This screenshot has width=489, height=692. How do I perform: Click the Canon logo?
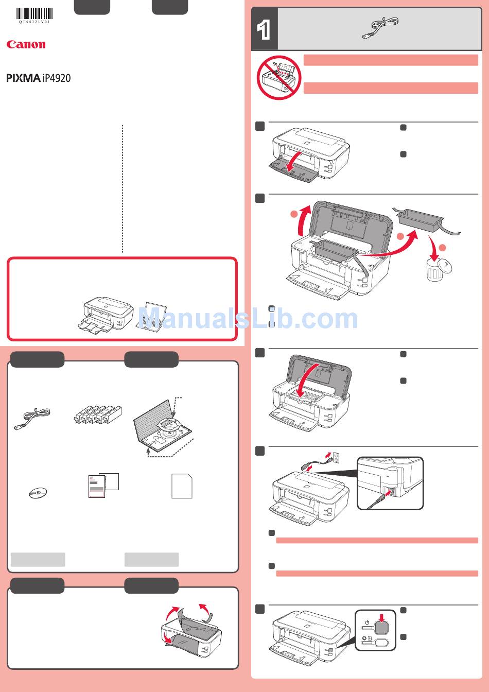click(x=26, y=44)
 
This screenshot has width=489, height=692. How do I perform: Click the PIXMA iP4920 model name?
click(x=38, y=78)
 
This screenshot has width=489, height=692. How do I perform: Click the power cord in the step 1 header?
click(x=380, y=28)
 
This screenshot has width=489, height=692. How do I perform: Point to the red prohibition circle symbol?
click(x=278, y=78)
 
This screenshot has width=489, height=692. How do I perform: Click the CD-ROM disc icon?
click(x=38, y=493)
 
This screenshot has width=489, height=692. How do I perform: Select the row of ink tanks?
click(x=98, y=414)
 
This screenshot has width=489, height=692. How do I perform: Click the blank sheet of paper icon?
click(x=182, y=486)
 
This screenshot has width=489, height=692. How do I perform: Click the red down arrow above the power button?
click(x=382, y=618)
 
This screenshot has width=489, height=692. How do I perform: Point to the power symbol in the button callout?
click(x=367, y=622)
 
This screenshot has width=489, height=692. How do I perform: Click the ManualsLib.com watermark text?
click(x=248, y=318)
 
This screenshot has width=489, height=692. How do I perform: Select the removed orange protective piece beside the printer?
click(x=426, y=220)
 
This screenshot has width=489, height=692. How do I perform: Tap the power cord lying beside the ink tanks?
click(x=32, y=419)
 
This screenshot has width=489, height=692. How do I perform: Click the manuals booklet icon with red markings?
click(x=103, y=486)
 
